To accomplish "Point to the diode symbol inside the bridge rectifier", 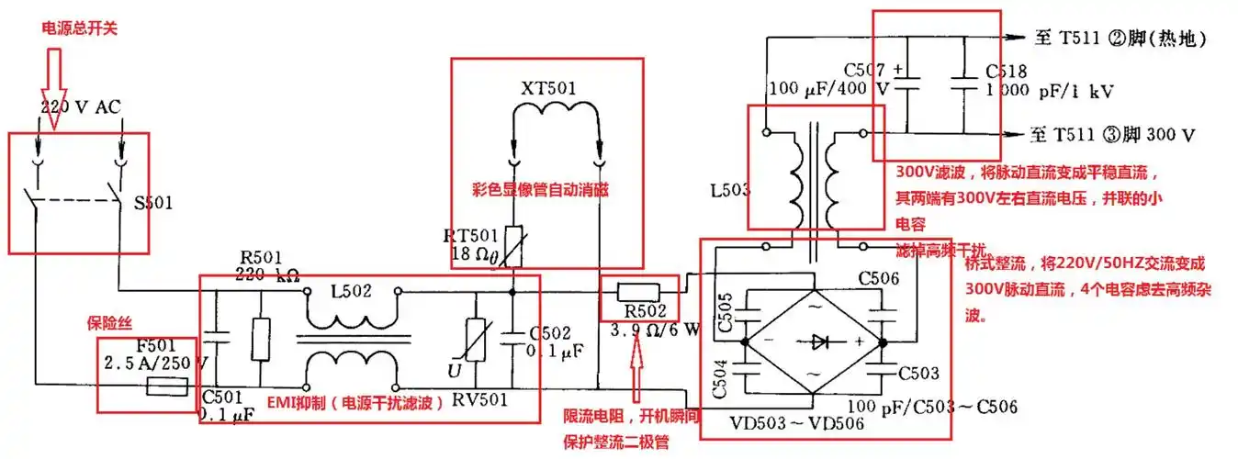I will tap(813, 341).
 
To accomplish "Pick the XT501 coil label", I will tap(548, 89).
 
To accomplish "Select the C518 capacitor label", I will tap(1006, 71).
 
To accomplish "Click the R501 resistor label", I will tap(259, 257).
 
